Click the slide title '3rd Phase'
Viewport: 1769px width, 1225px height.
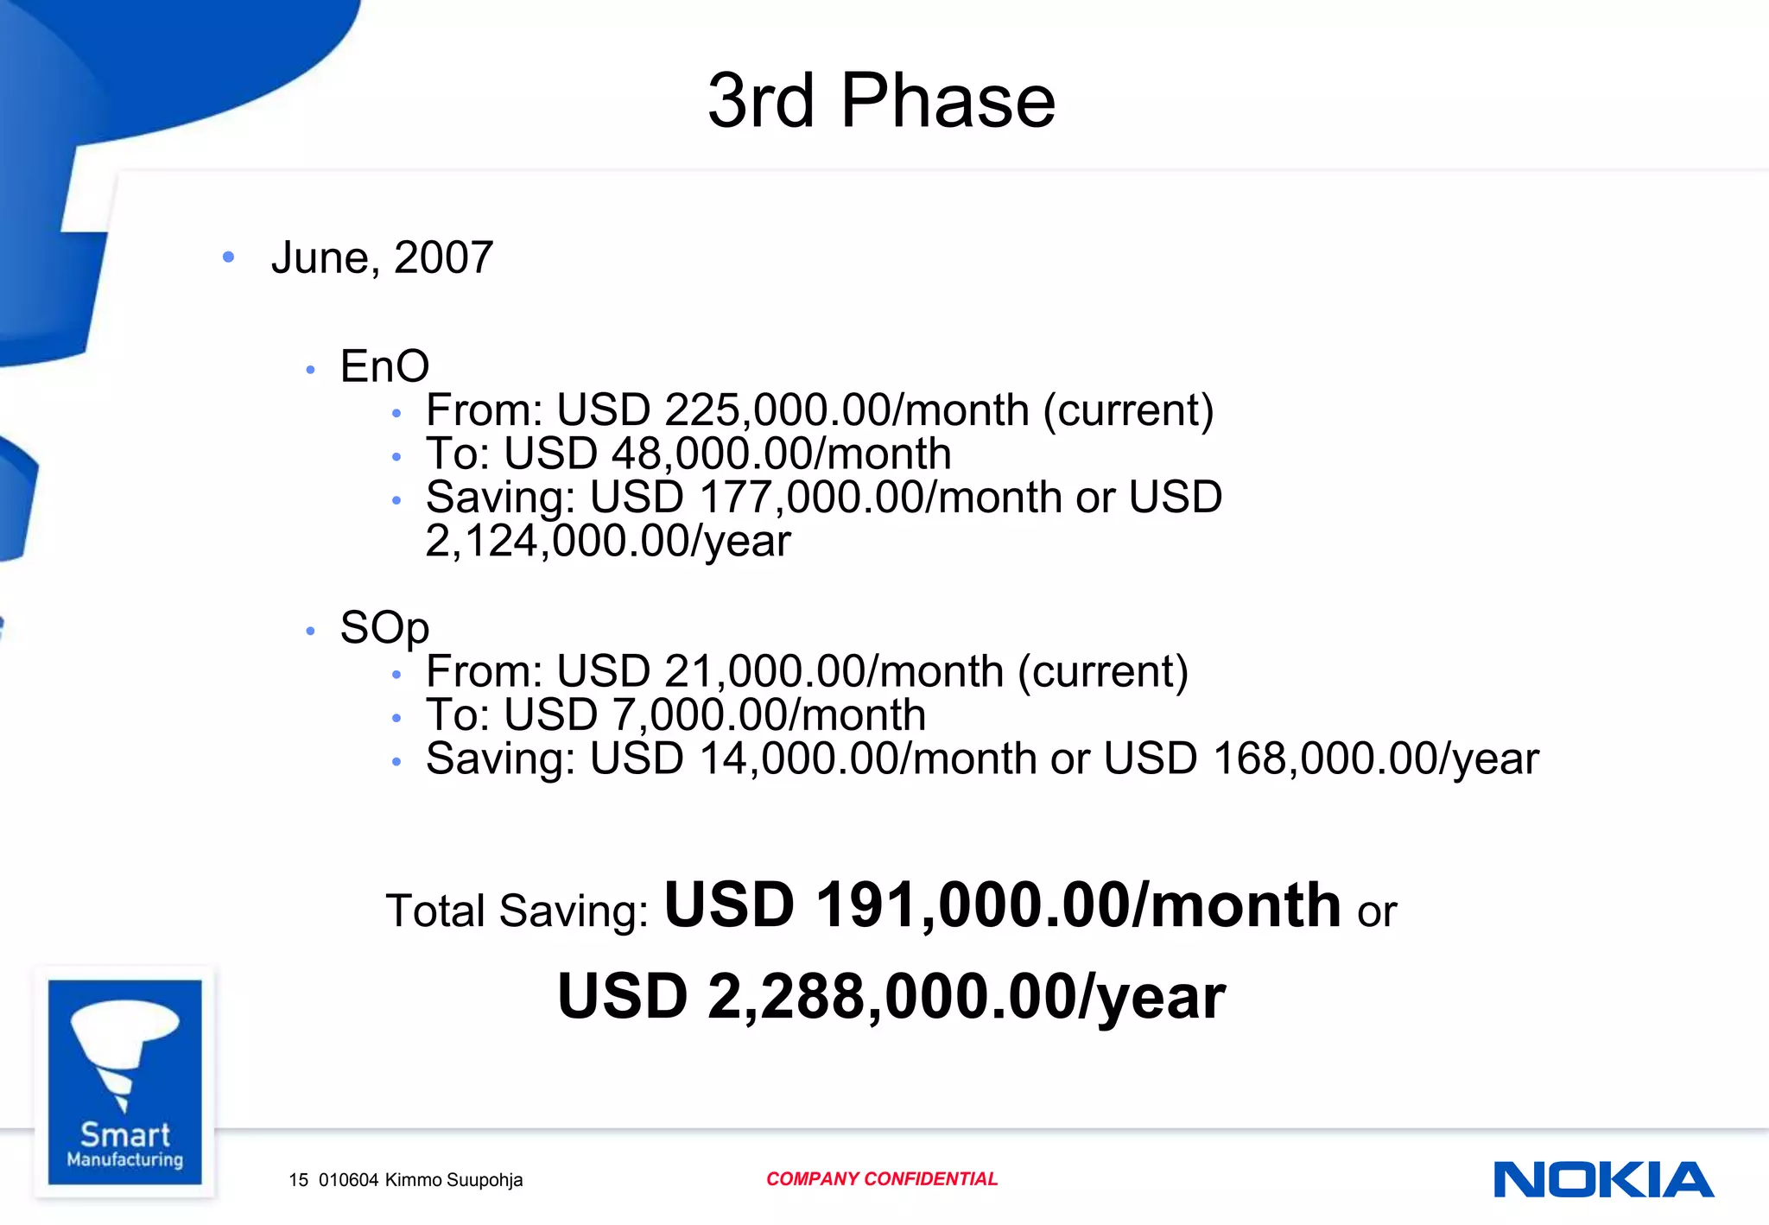coord(881,100)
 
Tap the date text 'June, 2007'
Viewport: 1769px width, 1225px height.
coord(382,257)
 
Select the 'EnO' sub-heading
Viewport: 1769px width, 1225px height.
coord(384,365)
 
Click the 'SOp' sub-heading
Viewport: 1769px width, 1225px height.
coord(384,627)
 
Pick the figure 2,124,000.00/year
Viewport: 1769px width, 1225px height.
coord(607,542)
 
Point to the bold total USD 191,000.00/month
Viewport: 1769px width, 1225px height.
coord(1002,905)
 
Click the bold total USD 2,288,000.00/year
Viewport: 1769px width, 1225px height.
coord(891,996)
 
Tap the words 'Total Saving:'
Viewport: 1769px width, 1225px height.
coord(517,911)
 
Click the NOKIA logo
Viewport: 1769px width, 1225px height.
coord(1603,1180)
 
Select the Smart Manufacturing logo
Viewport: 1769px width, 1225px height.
coord(124,1082)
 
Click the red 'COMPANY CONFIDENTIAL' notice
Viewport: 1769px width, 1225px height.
coord(881,1179)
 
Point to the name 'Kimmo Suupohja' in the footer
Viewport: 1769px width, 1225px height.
coord(453,1180)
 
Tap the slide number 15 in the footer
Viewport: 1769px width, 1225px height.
coord(298,1180)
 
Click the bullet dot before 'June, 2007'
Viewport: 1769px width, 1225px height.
coord(228,257)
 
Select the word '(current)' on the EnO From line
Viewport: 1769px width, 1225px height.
coord(1128,409)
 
